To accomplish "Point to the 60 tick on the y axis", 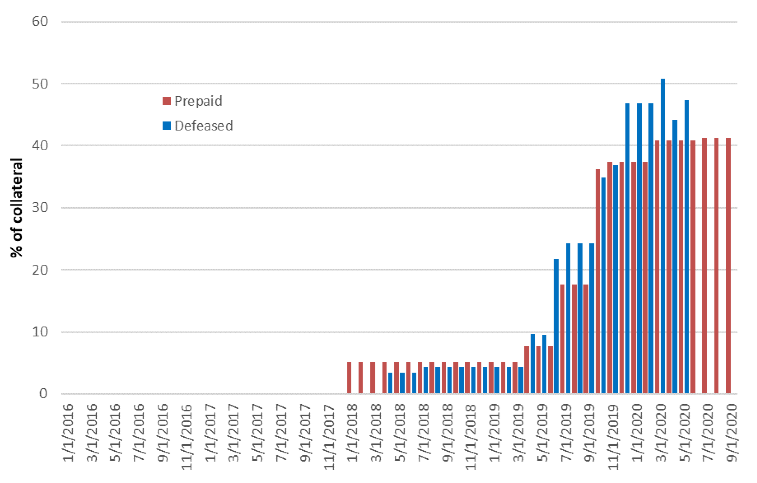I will [40, 21].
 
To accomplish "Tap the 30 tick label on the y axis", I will [40, 208].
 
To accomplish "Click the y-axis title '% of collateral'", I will [16, 208].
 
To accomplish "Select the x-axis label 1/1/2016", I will [68, 432].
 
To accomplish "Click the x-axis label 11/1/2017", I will [329, 436].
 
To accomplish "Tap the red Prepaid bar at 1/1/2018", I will [349, 378].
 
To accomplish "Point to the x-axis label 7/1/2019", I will [567, 432].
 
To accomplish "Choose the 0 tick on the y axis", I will [43, 394].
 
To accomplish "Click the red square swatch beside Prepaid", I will [167, 101].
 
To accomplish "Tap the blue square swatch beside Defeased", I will [167, 126].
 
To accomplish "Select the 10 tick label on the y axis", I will [40, 332].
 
